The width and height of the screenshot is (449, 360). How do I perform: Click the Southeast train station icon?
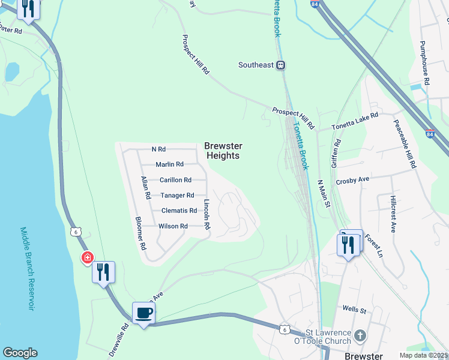[280, 65]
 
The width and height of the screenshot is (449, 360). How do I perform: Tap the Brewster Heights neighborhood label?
[223, 151]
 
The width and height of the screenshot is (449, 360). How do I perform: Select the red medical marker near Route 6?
[87, 257]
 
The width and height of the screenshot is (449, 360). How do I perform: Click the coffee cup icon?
[144, 313]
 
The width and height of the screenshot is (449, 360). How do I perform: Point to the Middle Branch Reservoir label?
[28, 268]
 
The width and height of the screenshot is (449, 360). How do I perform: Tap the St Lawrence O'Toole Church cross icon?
[360, 335]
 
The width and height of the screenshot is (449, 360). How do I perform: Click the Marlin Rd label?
[169, 164]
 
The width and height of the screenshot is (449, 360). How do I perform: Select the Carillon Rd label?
[175, 180]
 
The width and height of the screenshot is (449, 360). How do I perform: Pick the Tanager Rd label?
[177, 196]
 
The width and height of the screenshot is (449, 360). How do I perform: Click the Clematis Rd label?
[179, 211]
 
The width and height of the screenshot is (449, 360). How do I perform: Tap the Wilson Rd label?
[173, 226]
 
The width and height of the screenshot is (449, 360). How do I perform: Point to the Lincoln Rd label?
[206, 215]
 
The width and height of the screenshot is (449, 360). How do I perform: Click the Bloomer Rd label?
[141, 233]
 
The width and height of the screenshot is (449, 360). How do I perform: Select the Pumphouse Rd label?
[425, 62]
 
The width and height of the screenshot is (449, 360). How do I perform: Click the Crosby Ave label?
[352, 179]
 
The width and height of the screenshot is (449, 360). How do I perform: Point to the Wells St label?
[354, 310]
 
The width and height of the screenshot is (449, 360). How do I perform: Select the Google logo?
[20, 353]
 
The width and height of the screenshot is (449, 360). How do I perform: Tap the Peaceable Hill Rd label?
[405, 144]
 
